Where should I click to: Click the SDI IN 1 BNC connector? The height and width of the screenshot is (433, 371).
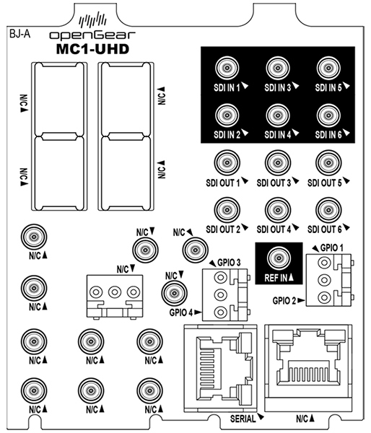pyautogui.click(x=227, y=68)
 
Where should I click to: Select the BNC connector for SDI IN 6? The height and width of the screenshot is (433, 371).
pyautogui.click(x=328, y=115)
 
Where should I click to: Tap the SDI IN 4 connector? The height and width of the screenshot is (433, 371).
pyautogui.click(x=278, y=115)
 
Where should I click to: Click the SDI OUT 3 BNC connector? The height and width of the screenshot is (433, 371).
pyautogui.click(x=278, y=163)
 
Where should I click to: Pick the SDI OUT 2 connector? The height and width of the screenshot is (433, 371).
pyautogui.click(x=227, y=210)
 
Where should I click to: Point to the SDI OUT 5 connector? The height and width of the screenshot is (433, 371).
pyautogui.click(x=328, y=163)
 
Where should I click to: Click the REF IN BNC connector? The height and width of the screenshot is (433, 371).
pyautogui.click(x=279, y=258)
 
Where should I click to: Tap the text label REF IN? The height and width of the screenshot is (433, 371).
pyautogui.click(x=276, y=278)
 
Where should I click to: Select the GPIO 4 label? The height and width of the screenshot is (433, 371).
pyautogui.click(x=181, y=312)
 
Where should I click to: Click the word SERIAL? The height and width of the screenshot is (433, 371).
pyautogui.click(x=243, y=419)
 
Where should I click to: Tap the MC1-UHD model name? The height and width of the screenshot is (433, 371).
pyautogui.click(x=93, y=49)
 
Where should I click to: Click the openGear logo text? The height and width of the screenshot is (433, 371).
pyautogui.click(x=92, y=35)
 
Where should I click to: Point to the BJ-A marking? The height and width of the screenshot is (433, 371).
pyautogui.click(x=20, y=34)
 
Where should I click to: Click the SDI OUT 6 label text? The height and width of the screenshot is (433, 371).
pyautogui.click(x=325, y=229)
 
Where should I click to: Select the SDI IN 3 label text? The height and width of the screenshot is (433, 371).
pyautogui.click(x=278, y=88)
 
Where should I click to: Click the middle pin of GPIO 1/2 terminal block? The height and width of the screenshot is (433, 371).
pyautogui.click(x=324, y=280)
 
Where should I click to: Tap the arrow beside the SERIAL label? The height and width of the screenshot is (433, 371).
pyautogui.click(x=261, y=416)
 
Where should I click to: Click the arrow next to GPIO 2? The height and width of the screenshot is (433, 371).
pyautogui.click(x=302, y=300)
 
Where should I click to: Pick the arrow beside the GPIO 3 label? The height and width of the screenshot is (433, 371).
pyautogui.click(x=212, y=263)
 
